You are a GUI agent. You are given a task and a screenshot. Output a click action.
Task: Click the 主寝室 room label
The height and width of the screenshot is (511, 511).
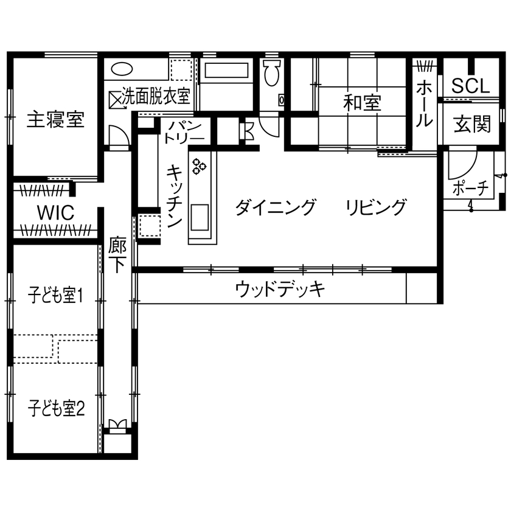click(x=55, y=120)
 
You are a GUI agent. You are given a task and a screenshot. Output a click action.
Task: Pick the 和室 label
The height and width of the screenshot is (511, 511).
click(x=362, y=103)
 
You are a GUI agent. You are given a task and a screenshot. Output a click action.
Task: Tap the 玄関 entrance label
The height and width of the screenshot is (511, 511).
click(x=472, y=125)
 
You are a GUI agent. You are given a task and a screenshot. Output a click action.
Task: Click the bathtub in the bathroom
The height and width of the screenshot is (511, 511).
click(x=226, y=71)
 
